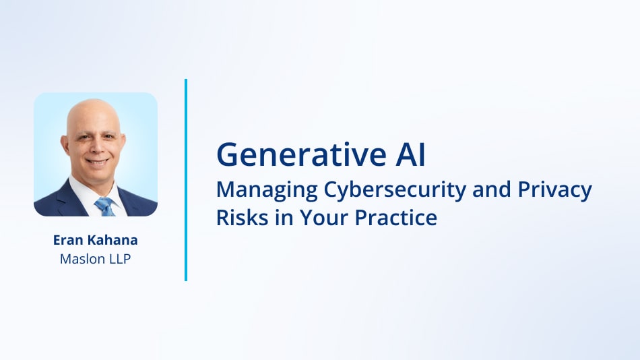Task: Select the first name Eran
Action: click(67, 239)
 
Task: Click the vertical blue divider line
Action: click(185, 179)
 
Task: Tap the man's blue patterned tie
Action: click(104, 205)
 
